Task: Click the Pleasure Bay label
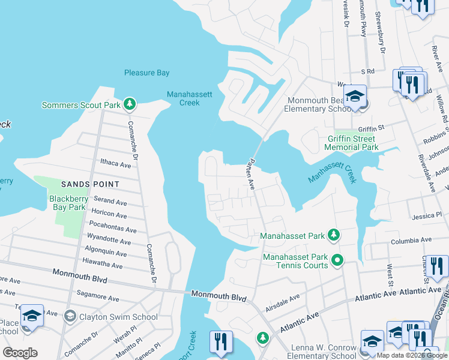tap(146, 73)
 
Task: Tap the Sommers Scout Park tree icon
tap(129, 105)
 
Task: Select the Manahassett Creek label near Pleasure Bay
tap(182, 98)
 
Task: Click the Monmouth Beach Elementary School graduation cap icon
tap(355, 98)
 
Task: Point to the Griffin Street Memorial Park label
tap(351, 142)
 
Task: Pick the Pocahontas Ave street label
tap(112, 229)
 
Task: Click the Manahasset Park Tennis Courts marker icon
tap(337, 260)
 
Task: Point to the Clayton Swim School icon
tap(70, 316)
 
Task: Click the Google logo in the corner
tap(20, 353)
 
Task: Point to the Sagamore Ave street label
tap(97, 296)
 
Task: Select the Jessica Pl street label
tap(427, 215)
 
